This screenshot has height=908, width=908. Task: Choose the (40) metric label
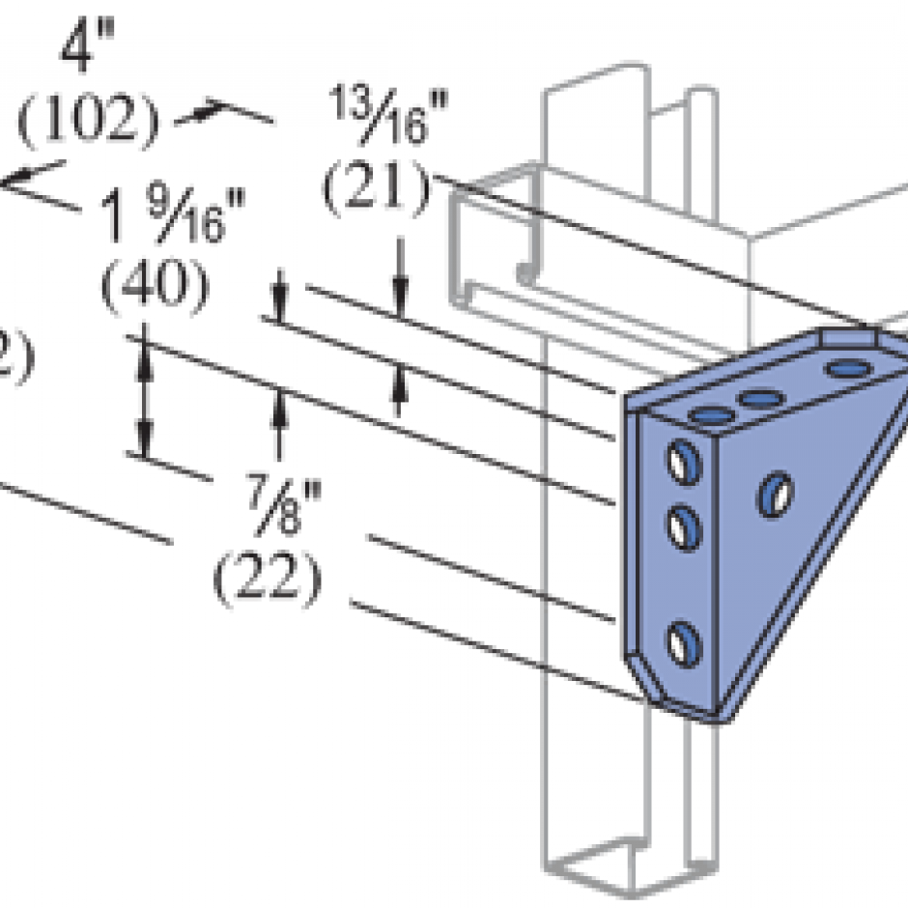tap(155, 287)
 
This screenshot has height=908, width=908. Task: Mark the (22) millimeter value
tap(267, 577)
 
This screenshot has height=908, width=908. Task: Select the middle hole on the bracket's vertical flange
tap(684, 526)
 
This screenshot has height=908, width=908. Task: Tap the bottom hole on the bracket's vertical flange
tap(683, 643)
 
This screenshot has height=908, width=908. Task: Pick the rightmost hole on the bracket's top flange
tap(845, 368)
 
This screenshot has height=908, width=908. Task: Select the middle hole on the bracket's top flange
tap(759, 398)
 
